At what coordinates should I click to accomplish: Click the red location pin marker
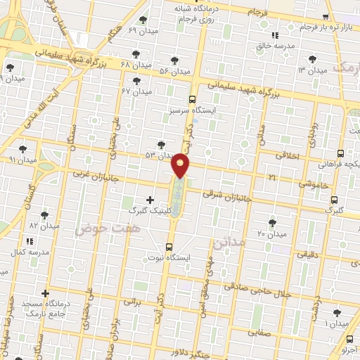(181, 166)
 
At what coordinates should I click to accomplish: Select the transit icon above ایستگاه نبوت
(169, 246)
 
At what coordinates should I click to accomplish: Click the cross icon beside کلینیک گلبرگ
(150, 200)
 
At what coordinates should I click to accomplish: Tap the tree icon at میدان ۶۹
(144, 20)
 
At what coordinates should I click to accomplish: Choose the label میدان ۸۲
(43, 226)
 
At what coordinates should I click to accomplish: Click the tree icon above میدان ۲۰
(272, 223)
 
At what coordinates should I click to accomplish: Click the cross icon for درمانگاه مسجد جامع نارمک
(46, 293)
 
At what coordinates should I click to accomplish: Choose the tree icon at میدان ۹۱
(22, 149)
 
